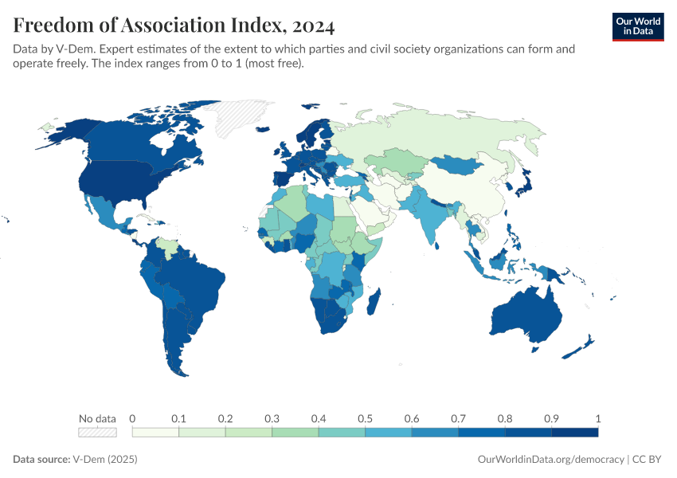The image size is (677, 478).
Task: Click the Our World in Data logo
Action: [x=637, y=26]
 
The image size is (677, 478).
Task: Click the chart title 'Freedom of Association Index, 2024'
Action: [x=174, y=25]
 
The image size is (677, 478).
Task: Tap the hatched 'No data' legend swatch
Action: [x=97, y=432]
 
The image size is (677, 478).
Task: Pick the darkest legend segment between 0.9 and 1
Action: [x=575, y=432]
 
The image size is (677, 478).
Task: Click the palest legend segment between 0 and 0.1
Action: [x=155, y=432]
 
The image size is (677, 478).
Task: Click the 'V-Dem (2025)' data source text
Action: [x=105, y=460]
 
